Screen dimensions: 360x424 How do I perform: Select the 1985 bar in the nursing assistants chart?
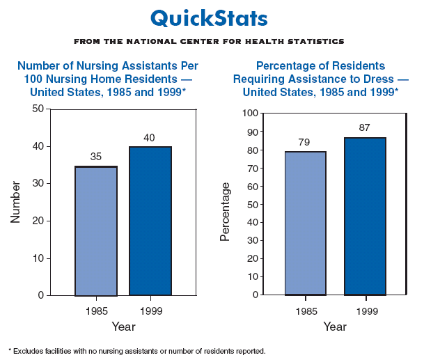click(x=96, y=231)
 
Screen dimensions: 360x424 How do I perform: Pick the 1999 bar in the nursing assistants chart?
click(x=150, y=221)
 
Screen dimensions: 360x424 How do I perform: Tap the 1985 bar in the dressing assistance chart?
click(x=305, y=223)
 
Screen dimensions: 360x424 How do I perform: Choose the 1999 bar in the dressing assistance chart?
click(x=365, y=216)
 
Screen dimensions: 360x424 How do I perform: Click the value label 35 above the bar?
click(x=96, y=157)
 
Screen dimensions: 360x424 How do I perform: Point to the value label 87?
click(x=365, y=127)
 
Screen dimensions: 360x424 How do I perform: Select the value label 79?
click(x=305, y=142)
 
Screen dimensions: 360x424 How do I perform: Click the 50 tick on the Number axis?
click(x=38, y=109)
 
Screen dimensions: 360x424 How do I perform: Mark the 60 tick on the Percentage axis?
click(x=252, y=186)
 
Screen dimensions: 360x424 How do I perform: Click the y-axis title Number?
click(x=15, y=202)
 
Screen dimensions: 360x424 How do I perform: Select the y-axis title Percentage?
click(x=225, y=211)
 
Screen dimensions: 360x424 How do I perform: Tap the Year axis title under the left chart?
click(x=123, y=326)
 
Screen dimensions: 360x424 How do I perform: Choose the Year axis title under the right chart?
click(x=335, y=326)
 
